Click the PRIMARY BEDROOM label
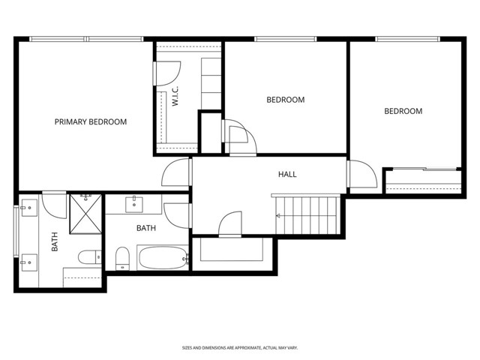coord(91,121)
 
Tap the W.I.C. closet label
coord(175,96)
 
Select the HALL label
coord(287,175)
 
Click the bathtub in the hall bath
coord(163,258)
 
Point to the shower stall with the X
coord(85,214)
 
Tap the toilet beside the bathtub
coord(122,259)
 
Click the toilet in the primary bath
coord(90,257)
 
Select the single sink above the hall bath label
coord(134,205)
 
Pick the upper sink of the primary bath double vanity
coord(28,208)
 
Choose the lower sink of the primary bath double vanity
coord(28,262)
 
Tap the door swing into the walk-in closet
coord(166,73)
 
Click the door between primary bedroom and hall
coord(175,172)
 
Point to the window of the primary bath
coord(16,232)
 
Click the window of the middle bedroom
coord(285,39)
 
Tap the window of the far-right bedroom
coord(407,39)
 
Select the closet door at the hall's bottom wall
coord(230,224)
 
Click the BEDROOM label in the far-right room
coord(403,111)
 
